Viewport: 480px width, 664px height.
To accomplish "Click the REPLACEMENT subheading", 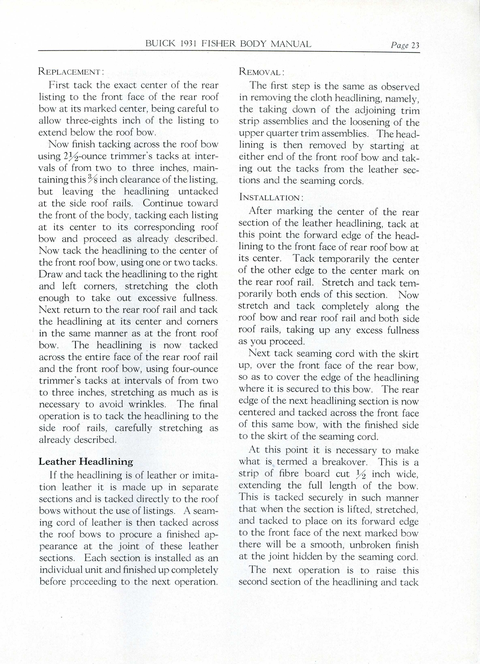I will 71,72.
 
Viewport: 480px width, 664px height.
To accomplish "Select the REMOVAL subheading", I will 261,72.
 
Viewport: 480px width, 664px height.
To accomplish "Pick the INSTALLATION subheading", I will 271,197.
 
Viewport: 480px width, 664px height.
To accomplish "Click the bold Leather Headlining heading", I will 86,462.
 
